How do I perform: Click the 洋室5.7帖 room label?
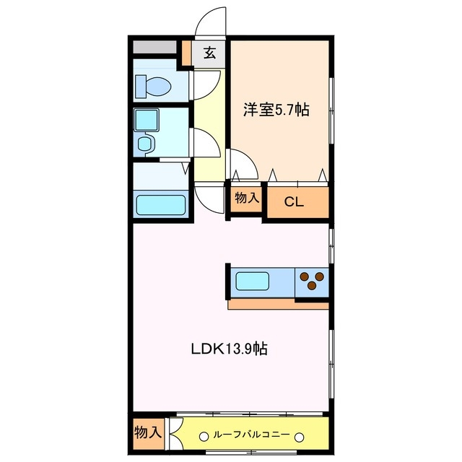pos(276,110)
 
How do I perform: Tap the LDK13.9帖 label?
pos(230,349)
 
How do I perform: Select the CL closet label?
pos(293,202)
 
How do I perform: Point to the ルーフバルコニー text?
pos(250,435)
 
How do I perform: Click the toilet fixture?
pos(154,86)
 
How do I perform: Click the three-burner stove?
pos(313,281)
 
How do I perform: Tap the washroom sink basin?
pos(147,145)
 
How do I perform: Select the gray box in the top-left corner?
pos(155,47)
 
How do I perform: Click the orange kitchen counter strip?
pos(278,305)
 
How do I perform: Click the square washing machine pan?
pos(148,120)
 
